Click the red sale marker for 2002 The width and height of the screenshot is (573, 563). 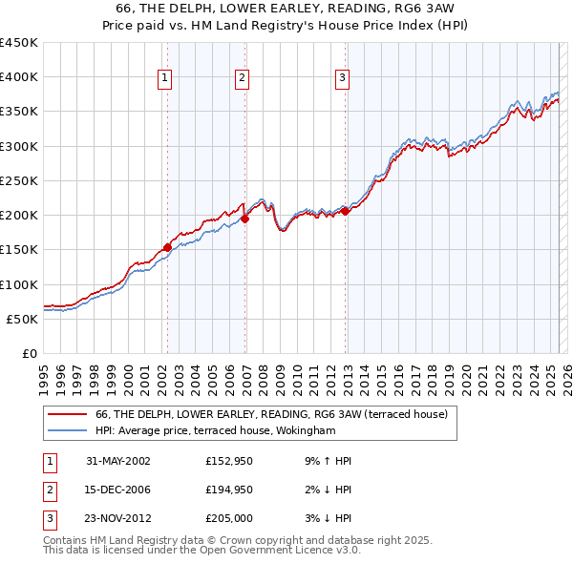click(x=168, y=247)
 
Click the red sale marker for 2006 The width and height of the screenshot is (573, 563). click(x=245, y=219)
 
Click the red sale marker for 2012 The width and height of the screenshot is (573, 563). click(x=346, y=212)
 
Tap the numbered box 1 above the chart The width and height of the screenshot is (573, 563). click(x=166, y=78)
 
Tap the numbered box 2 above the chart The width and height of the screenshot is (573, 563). click(x=243, y=78)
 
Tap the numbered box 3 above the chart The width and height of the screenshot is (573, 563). click(x=342, y=78)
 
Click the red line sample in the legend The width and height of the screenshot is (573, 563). click(x=68, y=414)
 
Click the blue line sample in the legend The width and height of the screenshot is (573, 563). click(x=68, y=430)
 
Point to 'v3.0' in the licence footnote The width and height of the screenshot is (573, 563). click(x=345, y=552)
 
